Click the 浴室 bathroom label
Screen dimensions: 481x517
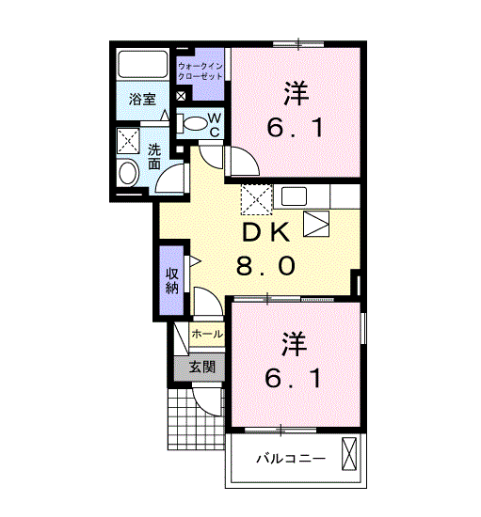click(x=142, y=100)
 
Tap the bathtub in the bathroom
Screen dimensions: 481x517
click(x=143, y=64)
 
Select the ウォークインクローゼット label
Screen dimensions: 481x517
click(x=200, y=71)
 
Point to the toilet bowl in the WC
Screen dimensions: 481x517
click(x=195, y=123)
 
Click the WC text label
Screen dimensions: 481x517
click(x=215, y=125)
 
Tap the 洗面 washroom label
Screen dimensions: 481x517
click(x=154, y=156)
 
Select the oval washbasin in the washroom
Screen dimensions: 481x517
click(x=128, y=173)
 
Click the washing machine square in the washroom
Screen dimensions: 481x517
click(x=128, y=141)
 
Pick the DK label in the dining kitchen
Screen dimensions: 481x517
click(x=266, y=232)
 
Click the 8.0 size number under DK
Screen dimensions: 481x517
click(x=265, y=266)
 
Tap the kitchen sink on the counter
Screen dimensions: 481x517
click(x=294, y=196)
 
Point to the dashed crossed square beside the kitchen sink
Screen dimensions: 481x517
click(x=257, y=200)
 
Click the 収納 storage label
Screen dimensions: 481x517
click(x=172, y=281)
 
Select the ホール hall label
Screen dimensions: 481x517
click(x=207, y=335)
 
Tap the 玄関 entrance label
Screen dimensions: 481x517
click(x=202, y=367)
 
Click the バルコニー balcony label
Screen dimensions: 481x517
click(x=291, y=459)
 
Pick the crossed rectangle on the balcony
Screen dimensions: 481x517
click(x=349, y=454)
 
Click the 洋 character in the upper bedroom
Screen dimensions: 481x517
click(x=297, y=93)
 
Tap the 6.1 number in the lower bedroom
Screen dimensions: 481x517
click(x=293, y=379)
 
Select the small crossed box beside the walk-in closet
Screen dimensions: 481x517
click(x=181, y=96)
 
